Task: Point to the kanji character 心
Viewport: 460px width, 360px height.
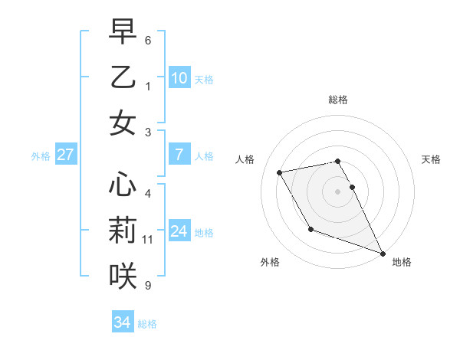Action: click(123, 185)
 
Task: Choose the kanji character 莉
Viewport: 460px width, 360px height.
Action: click(123, 231)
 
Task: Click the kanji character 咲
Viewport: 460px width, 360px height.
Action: click(123, 276)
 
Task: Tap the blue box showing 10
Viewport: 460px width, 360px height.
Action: click(179, 77)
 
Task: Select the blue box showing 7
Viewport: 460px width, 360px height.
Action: click(179, 155)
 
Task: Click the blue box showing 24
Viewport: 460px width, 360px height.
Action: click(179, 231)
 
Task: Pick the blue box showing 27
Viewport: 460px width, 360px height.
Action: click(66, 155)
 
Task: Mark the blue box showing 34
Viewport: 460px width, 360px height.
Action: click(123, 322)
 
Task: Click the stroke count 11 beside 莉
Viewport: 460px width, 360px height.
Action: click(148, 240)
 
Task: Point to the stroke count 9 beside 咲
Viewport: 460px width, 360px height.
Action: click(148, 286)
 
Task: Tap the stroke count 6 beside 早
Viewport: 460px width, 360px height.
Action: click(148, 40)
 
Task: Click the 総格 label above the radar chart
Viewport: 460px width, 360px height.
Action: click(337, 100)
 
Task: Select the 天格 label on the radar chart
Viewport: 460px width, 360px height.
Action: click(432, 159)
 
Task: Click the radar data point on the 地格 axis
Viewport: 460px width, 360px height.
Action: click(383, 253)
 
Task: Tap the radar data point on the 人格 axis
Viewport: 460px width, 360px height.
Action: click(280, 173)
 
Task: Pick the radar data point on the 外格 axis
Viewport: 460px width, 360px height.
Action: click(310, 229)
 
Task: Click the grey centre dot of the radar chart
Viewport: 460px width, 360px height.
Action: click(337, 191)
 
